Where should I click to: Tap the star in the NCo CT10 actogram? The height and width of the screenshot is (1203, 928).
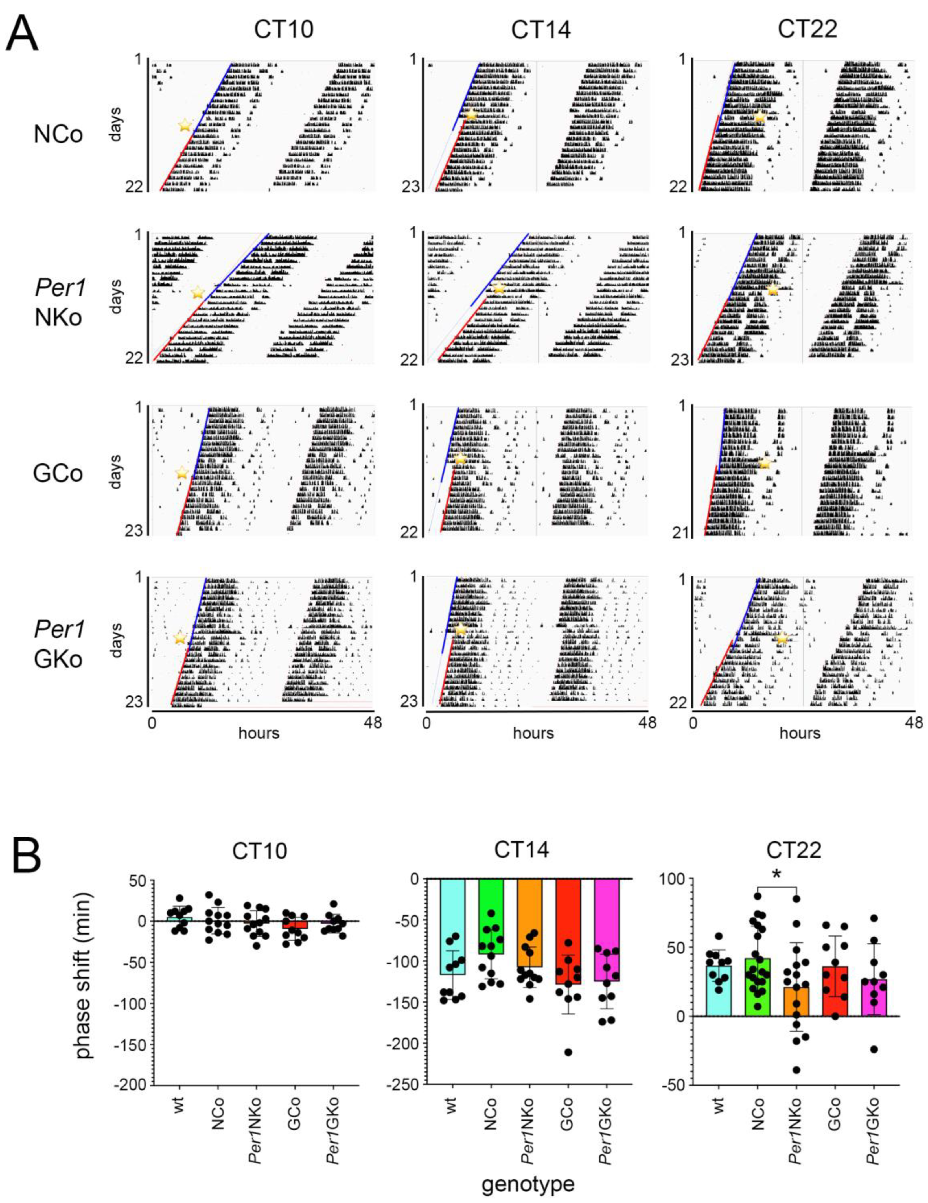(x=185, y=125)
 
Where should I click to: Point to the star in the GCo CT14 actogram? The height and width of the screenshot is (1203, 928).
(x=460, y=459)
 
